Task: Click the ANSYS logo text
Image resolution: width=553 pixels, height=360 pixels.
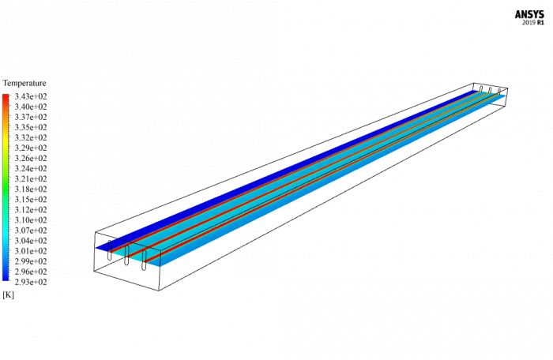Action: pos(531,13)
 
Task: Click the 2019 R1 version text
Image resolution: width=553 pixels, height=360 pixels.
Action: pos(533,23)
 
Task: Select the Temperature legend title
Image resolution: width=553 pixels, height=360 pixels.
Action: pos(24,83)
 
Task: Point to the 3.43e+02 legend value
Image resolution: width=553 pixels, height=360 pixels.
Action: pos(31,96)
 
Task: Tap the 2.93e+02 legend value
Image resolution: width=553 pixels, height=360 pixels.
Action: pos(31,282)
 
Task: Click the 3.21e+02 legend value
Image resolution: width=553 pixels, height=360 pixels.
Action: pos(31,179)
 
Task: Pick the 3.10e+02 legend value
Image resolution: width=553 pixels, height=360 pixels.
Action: pos(31,220)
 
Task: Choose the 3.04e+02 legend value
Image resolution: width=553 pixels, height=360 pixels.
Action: pos(31,241)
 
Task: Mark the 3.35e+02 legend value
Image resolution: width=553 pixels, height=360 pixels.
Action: pos(31,127)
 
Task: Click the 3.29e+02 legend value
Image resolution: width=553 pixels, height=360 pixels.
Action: pos(31,148)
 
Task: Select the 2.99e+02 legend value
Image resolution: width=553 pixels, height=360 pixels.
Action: pos(31,261)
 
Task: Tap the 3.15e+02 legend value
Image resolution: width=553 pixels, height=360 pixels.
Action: pos(31,200)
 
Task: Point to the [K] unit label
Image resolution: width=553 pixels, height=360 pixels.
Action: pos(9,294)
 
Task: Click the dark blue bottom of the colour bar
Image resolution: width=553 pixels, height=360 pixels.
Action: pos(6,278)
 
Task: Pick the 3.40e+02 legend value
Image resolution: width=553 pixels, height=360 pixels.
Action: pos(31,107)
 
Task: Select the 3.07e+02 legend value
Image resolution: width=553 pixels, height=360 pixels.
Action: pos(31,231)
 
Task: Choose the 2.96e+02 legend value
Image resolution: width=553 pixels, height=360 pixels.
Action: pos(31,272)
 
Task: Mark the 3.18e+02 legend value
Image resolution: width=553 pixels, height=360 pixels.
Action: pos(31,189)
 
